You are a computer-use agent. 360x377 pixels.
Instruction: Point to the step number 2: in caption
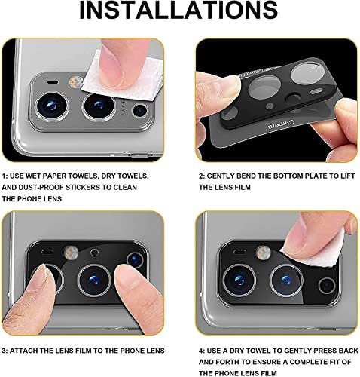203,176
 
